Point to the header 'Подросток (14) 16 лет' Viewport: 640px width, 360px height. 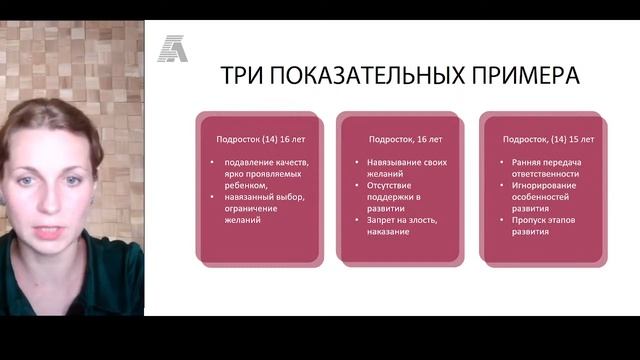tap(251, 140)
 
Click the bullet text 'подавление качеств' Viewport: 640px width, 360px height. tap(265, 162)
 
